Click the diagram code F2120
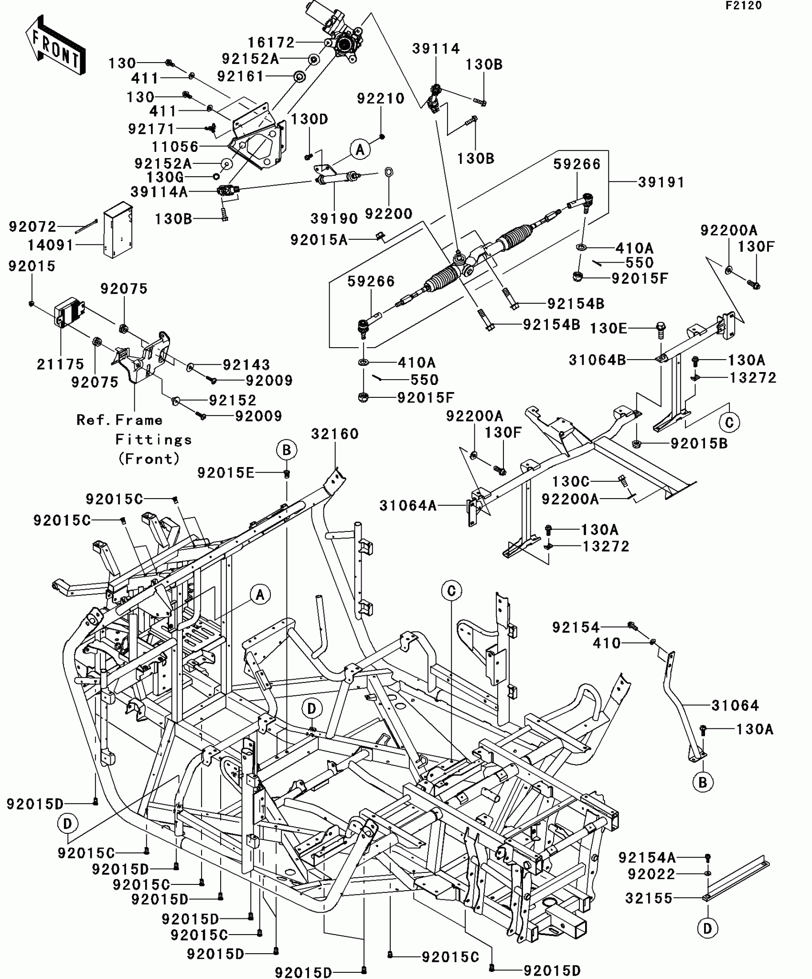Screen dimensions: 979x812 [744, 6]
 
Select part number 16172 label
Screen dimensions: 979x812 [271, 43]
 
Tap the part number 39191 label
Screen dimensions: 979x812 [661, 182]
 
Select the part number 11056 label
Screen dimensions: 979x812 [175, 147]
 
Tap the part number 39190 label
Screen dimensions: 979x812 [334, 219]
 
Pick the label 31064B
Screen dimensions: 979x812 [597, 360]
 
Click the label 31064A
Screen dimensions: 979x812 [408, 505]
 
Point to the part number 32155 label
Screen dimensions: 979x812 [649, 898]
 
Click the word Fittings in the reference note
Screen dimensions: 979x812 [153, 439]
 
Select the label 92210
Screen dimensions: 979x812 [381, 98]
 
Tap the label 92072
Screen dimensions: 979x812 [32, 226]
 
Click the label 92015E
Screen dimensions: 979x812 [225, 473]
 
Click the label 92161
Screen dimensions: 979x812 [240, 76]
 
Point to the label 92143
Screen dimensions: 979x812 [246, 365]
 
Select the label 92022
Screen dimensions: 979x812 [651, 874]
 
